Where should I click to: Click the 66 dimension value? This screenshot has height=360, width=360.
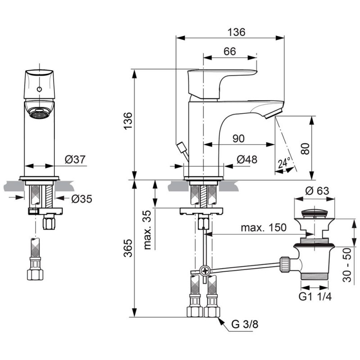point(229,51)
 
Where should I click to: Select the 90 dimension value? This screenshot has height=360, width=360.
point(238,139)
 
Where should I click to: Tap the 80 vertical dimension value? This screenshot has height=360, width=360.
point(306,149)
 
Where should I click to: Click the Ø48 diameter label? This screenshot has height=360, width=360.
point(247,160)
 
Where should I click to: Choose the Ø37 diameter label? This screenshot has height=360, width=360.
point(76,159)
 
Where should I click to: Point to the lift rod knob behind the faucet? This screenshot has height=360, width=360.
point(182,147)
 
